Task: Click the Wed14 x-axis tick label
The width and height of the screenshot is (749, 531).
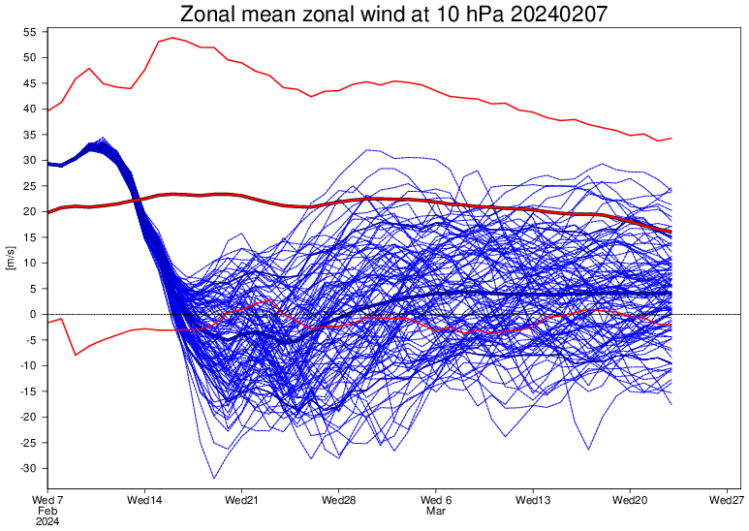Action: point(144,500)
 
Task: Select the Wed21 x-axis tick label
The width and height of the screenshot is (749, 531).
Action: point(241,500)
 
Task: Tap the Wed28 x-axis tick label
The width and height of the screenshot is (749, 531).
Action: point(338,500)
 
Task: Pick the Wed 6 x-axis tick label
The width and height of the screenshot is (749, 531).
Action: point(436,500)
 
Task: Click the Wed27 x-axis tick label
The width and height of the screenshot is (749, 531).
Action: point(727,500)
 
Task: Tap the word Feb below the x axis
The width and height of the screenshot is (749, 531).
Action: point(47,511)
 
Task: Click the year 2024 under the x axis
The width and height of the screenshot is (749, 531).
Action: point(47,521)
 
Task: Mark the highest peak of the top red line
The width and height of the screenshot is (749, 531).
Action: point(172,38)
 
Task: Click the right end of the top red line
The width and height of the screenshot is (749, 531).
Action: point(671,139)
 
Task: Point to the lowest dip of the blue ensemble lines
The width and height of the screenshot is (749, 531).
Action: point(214,478)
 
